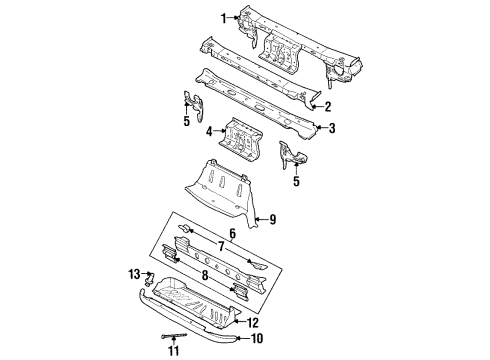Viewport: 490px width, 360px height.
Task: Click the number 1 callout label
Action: click(224, 17)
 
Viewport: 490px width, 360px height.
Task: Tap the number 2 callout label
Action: click(328, 106)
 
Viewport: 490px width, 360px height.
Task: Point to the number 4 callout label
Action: click(209, 131)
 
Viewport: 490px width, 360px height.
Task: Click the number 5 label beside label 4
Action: click(185, 124)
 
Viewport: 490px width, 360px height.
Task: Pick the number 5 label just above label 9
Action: click(296, 183)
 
